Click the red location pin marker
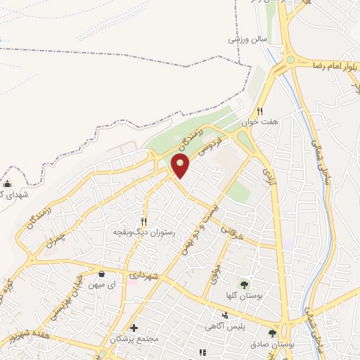[x=181, y=166]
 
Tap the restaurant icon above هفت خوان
[x=259, y=111]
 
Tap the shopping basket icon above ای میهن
[x=102, y=274]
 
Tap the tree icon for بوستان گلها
[x=244, y=284]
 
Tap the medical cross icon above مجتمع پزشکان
[x=134, y=328]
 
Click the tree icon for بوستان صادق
[x=272, y=333]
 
